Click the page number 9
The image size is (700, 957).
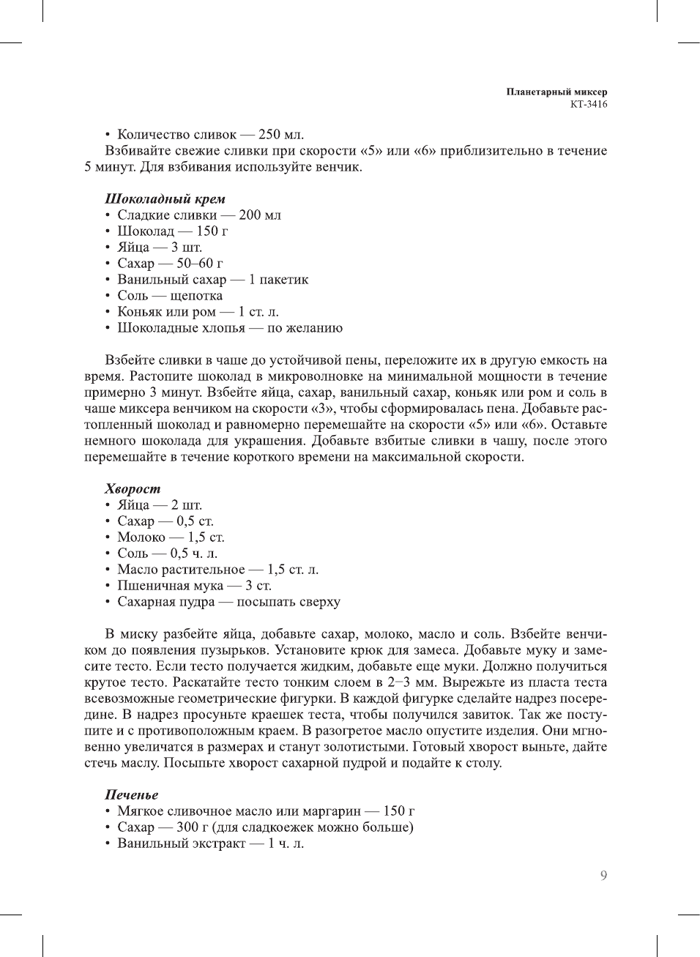(603, 876)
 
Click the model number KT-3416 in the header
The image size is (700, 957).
(589, 104)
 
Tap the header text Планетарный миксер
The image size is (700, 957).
(556, 92)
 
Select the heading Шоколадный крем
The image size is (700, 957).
(165, 199)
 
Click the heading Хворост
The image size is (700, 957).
(132, 489)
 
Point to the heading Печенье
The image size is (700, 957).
(131, 795)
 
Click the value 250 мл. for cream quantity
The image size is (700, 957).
(281, 135)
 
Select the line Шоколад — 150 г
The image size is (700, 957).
(172, 231)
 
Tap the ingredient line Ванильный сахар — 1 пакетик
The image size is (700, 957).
(212, 280)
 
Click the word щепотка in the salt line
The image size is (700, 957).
(196, 296)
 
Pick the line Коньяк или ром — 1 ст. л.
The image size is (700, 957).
(198, 312)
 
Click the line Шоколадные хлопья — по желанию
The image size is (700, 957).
(229, 328)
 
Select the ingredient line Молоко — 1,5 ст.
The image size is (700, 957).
(171, 537)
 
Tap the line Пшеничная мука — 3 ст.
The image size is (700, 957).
(194, 586)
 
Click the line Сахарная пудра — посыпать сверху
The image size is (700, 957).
(228, 602)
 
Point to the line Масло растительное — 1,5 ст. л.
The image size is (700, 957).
(217, 570)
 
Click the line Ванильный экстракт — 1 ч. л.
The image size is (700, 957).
(210, 844)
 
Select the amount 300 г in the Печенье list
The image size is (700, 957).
(193, 827)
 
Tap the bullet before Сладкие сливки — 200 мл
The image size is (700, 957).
(108, 215)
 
